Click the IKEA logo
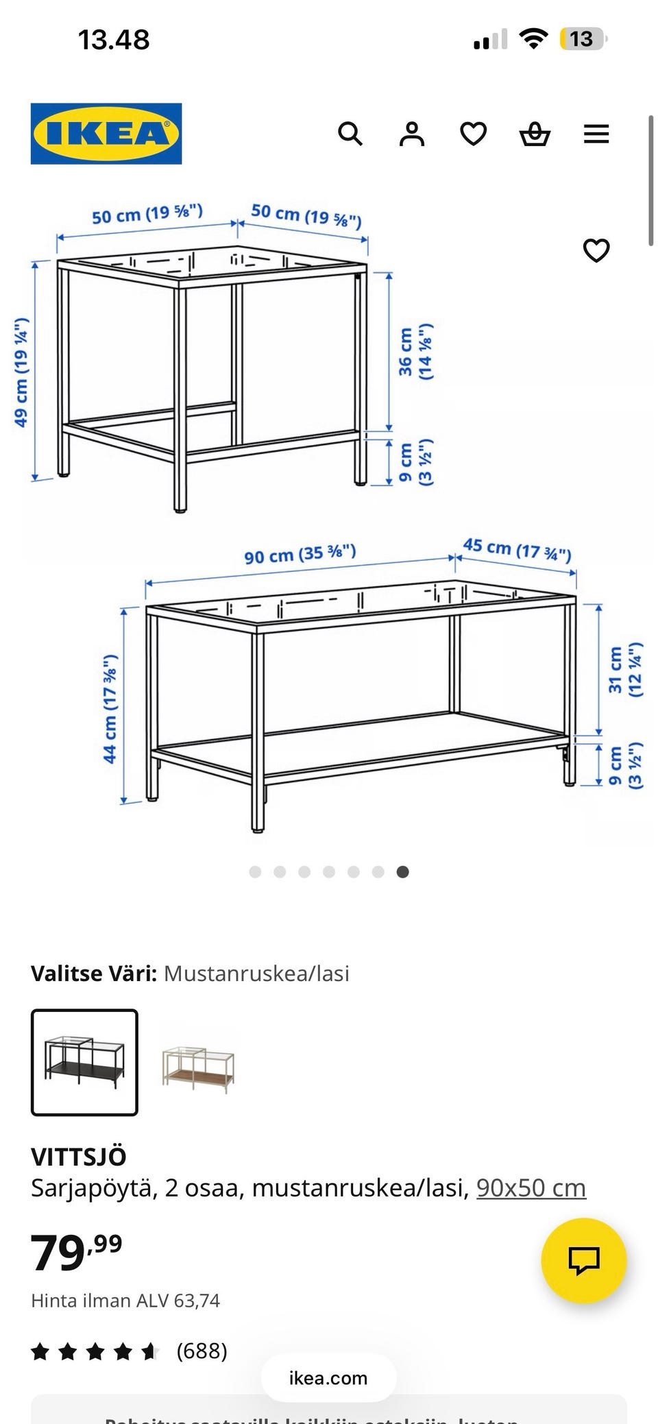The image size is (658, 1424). point(106,134)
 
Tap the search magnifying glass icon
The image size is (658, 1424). point(350,134)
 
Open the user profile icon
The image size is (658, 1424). point(412,134)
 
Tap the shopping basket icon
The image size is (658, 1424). point(535,134)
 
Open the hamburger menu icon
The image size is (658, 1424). point(596,134)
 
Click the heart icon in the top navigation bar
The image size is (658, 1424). point(473,134)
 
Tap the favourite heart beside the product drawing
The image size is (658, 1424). point(596,250)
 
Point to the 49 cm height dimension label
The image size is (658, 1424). point(21,372)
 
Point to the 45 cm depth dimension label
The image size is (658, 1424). point(517,549)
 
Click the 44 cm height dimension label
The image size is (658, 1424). point(110,709)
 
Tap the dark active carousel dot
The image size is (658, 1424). point(403,872)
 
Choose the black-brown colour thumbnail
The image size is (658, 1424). point(84,1062)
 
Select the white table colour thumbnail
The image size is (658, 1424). point(198,1062)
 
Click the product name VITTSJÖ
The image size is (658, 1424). point(79,1157)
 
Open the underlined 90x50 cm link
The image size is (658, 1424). point(531,1187)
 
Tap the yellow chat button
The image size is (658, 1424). point(584,1260)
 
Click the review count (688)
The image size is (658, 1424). point(202,1351)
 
